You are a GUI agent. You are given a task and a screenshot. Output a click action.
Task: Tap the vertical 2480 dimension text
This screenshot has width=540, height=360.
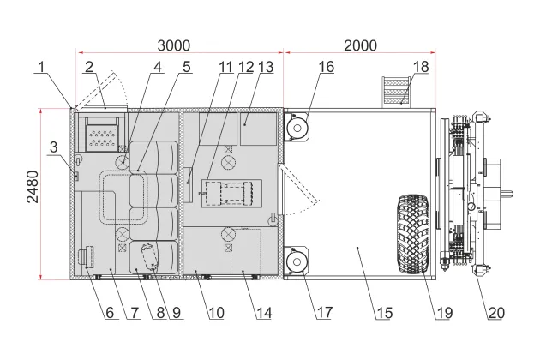tap(32, 193)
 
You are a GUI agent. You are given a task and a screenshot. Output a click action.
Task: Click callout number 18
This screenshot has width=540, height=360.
tap(420, 66)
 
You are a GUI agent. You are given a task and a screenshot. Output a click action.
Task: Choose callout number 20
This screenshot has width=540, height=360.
tap(496, 313)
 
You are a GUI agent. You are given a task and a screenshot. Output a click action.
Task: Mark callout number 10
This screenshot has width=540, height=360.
tap(215, 313)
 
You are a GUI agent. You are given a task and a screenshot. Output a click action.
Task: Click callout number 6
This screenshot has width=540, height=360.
tap(110, 313)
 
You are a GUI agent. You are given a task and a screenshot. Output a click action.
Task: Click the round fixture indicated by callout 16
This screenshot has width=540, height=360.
tap(297, 127)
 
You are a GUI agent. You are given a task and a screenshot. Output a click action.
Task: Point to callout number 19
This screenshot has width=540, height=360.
tap(442, 313)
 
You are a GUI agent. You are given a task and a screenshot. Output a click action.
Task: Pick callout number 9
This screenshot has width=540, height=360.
tap(176, 313)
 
